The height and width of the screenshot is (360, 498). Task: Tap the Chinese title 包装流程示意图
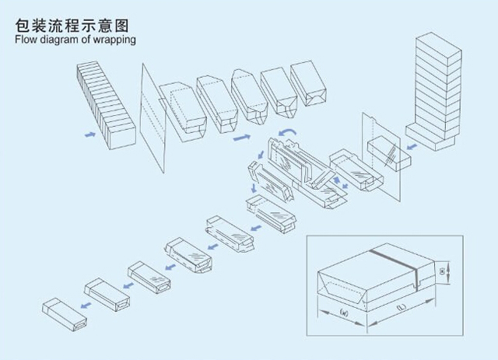point(71,23)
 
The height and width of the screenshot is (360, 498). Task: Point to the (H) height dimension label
point(443,272)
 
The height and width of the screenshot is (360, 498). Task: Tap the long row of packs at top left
point(107,106)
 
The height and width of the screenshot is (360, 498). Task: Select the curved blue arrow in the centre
point(288,134)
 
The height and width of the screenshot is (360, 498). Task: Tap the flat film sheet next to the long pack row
point(153,117)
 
